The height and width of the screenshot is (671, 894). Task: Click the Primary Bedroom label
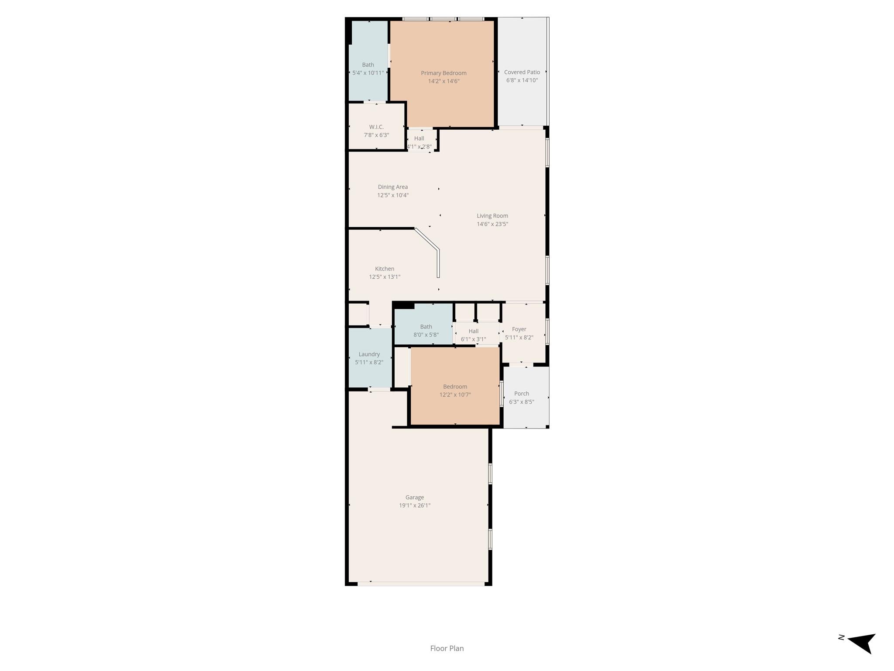tap(444, 73)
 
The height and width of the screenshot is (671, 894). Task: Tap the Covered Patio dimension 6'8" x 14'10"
tap(522, 80)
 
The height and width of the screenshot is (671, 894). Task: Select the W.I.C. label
tap(376, 127)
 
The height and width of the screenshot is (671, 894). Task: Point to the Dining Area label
tap(393, 187)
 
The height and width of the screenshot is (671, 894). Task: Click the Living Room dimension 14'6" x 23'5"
tap(492, 224)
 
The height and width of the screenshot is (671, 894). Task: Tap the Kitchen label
tap(385, 269)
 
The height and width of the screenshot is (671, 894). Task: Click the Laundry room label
tap(369, 354)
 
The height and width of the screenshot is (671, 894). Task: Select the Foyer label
tap(519, 329)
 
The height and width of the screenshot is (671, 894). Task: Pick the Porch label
tap(522, 394)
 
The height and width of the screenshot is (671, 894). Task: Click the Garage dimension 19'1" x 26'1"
tap(415, 505)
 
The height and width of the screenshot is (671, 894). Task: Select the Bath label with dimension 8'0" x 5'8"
tap(426, 327)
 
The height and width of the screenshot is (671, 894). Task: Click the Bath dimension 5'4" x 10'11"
tap(368, 73)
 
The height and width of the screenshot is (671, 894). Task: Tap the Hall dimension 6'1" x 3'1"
tap(474, 339)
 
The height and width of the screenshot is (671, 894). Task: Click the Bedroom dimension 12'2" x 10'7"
tap(455, 395)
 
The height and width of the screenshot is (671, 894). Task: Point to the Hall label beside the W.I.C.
tap(419, 138)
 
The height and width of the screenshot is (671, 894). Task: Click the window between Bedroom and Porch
tap(502, 394)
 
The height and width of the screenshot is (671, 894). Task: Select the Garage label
tap(415, 497)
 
